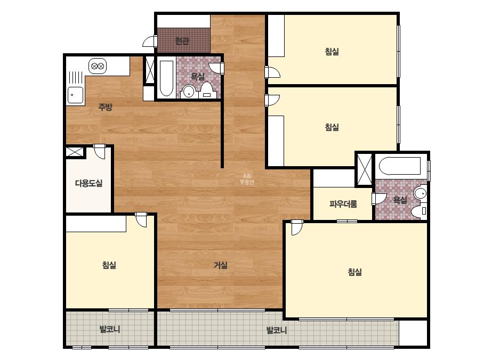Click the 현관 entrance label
click(x=182, y=41)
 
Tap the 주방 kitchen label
click(x=106, y=107)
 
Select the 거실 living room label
click(x=221, y=265)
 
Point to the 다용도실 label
click(x=89, y=183)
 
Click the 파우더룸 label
click(x=343, y=204)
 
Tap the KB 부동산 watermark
click(x=247, y=179)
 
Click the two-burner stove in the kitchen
click(x=98, y=66)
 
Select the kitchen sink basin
click(x=75, y=95)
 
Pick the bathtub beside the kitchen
click(x=166, y=78)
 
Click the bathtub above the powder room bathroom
click(x=399, y=166)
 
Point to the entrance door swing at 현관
click(x=150, y=42)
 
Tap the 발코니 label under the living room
click(x=277, y=330)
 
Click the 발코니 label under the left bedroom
click(x=109, y=329)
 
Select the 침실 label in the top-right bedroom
click(x=332, y=52)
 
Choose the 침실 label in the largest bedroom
click(x=355, y=272)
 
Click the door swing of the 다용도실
click(x=100, y=152)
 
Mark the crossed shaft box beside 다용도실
click(x=75, y=152)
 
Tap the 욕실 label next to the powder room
click(x=400, y=200)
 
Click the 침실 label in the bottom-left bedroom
click(x=109, y=265)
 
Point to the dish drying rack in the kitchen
click(x=75, y=78)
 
